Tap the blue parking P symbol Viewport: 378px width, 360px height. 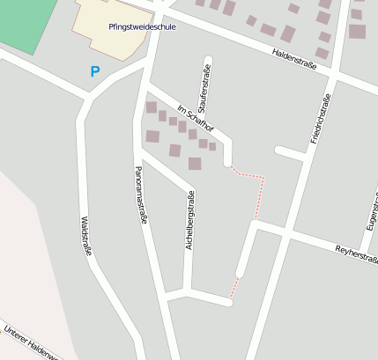95,71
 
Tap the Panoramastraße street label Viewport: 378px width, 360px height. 139,196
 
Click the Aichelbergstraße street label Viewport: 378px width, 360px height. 189,220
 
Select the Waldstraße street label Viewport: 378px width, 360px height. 85,237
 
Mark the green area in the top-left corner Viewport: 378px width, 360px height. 26,22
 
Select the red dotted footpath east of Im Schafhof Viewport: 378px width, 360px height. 256,189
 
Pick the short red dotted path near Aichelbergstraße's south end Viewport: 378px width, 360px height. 234,287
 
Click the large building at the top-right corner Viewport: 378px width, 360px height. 356,32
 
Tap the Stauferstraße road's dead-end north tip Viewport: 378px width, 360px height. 209,68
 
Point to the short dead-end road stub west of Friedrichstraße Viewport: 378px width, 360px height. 288,151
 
